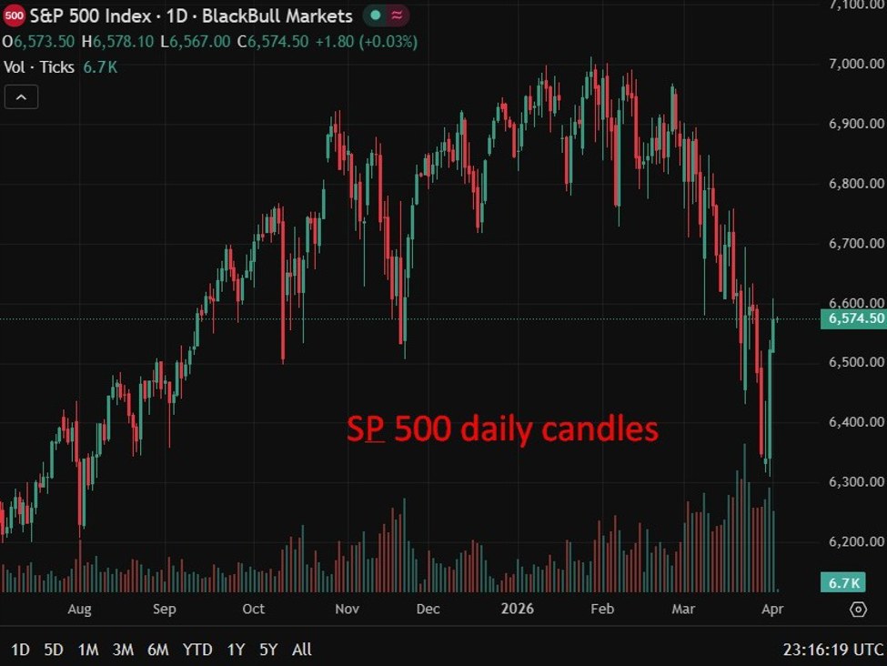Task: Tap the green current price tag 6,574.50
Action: click(x=852, y=318)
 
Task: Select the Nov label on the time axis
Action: click(x=348, y=609)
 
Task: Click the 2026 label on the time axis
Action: click(x=518, y=609)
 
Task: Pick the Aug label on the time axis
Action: click(x=79, y=609)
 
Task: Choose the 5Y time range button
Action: click(x=268, y=650)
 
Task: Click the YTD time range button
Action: click(x=197, y=650)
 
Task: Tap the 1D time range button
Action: click(x=20, y=650)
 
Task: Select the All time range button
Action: click(x=302, y=650)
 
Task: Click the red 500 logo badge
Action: click(x=15, y=16)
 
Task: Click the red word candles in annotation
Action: click(x=604, y=429)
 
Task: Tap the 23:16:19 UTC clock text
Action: click(x=832, y=650)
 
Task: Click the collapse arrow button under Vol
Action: click(x=21, y=96)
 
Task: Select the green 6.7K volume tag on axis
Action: click(x=842, y=582)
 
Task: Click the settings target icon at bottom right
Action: click(x=858, y=609)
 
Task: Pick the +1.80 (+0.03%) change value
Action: click(x=366, y=42)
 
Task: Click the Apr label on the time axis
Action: click(x=771, y=609)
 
